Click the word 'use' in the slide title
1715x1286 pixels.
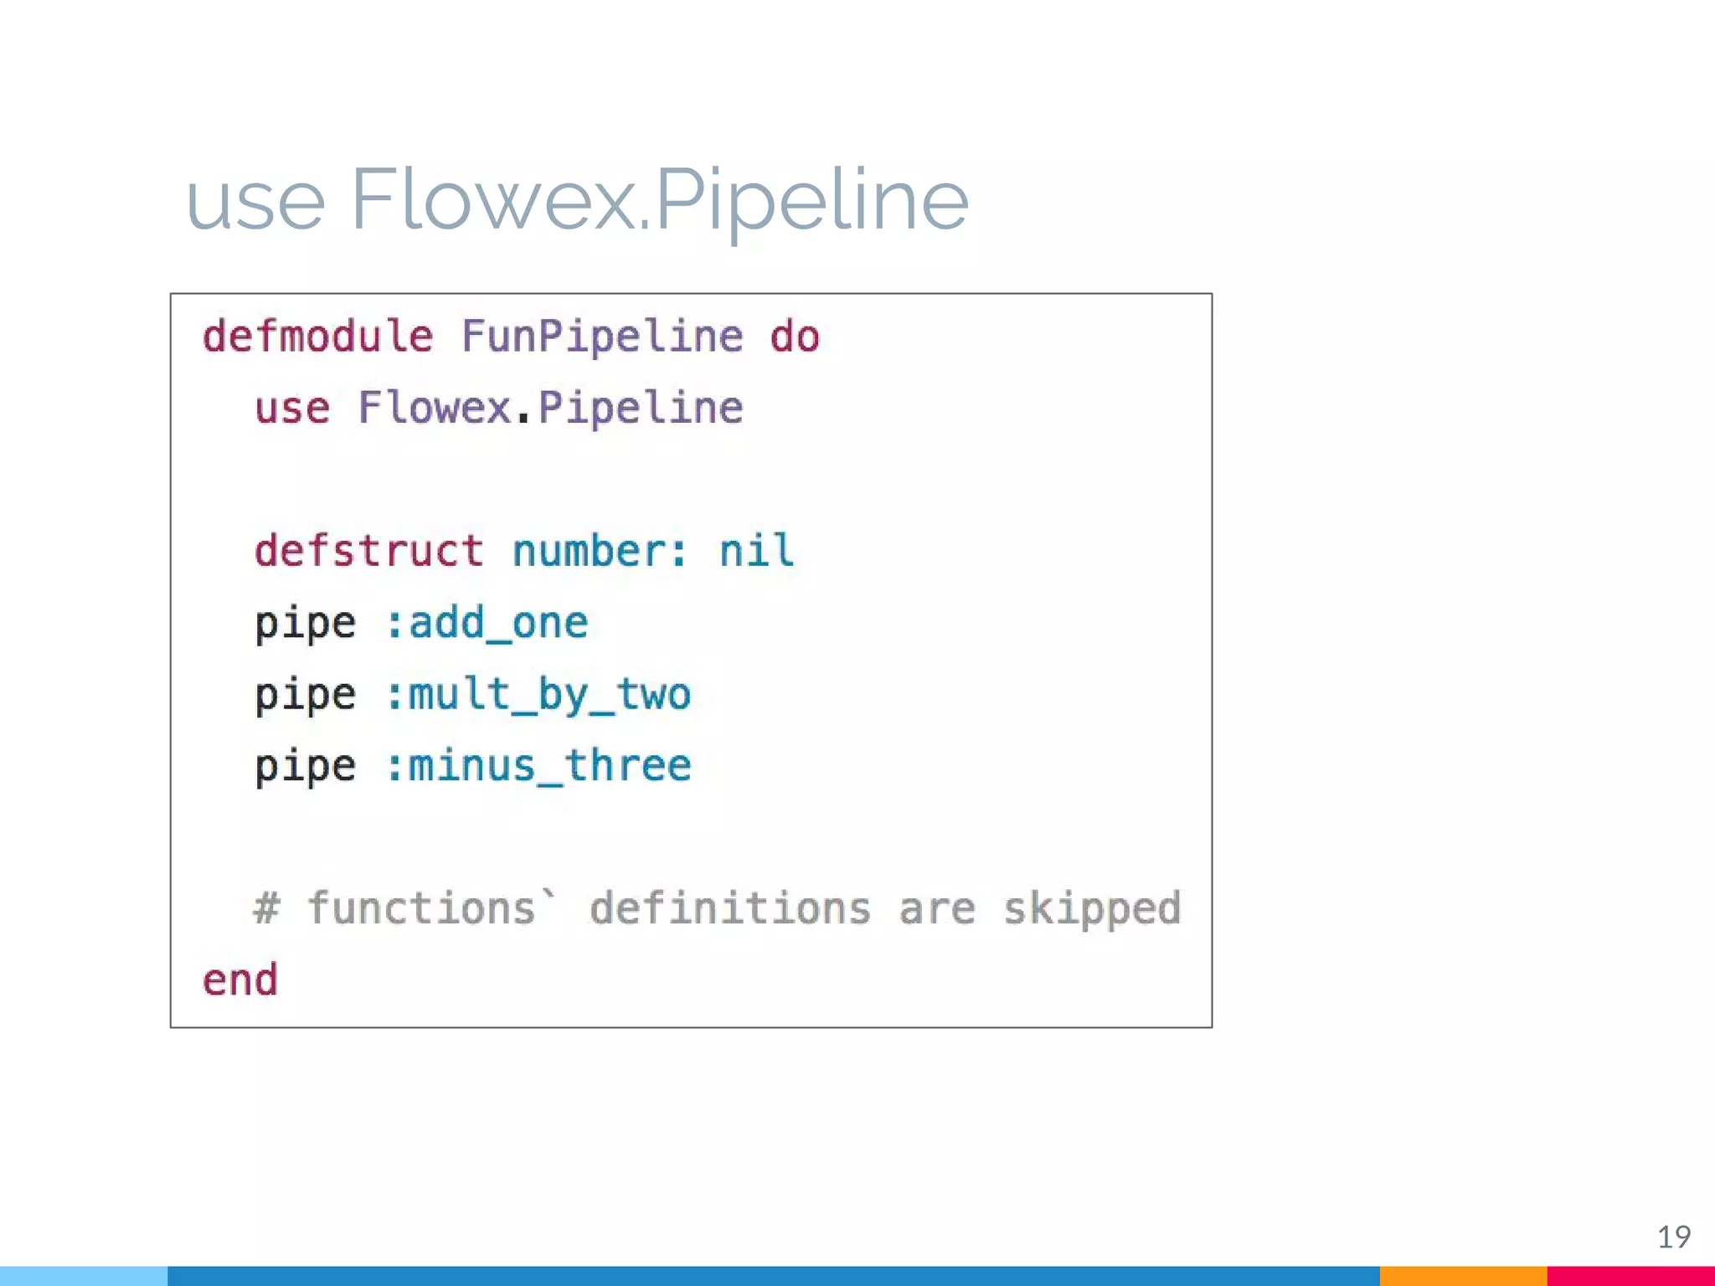[255, 202]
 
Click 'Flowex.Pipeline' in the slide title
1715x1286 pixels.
[659, 200]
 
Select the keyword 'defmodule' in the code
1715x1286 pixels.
[318, 337]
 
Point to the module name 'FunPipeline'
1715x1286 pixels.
[602, 337]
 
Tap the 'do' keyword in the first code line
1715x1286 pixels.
[795, 337]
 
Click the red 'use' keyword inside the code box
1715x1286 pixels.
[292, 409]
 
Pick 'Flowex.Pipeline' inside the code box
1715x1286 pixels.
[550, 409]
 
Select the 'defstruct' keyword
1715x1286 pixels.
[369, 551]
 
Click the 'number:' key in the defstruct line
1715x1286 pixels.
[600, 551]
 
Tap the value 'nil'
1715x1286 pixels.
[756, 551]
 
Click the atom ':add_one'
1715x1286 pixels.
[487, 623]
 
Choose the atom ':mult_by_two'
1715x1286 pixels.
[538, 695]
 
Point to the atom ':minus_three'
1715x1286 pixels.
[538, 766]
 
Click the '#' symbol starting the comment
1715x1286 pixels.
[266, 908]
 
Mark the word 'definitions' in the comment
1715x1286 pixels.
[730, 908]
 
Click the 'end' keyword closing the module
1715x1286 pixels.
[240, 980]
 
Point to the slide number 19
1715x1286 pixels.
[1674, 1237]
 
